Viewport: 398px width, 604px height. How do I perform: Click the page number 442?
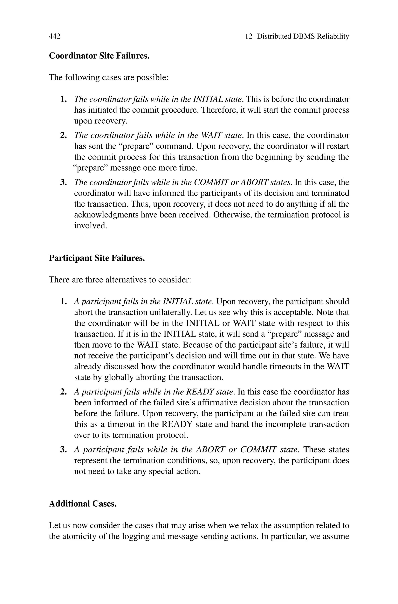tap(55, 36)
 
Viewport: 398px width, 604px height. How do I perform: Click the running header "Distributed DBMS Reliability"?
tap(303, 36)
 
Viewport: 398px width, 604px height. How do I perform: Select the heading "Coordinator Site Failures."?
tap(99, 56)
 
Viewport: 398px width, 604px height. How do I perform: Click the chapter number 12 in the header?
tap(249, 36)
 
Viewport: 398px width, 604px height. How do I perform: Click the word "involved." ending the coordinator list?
tap(91, 225)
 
